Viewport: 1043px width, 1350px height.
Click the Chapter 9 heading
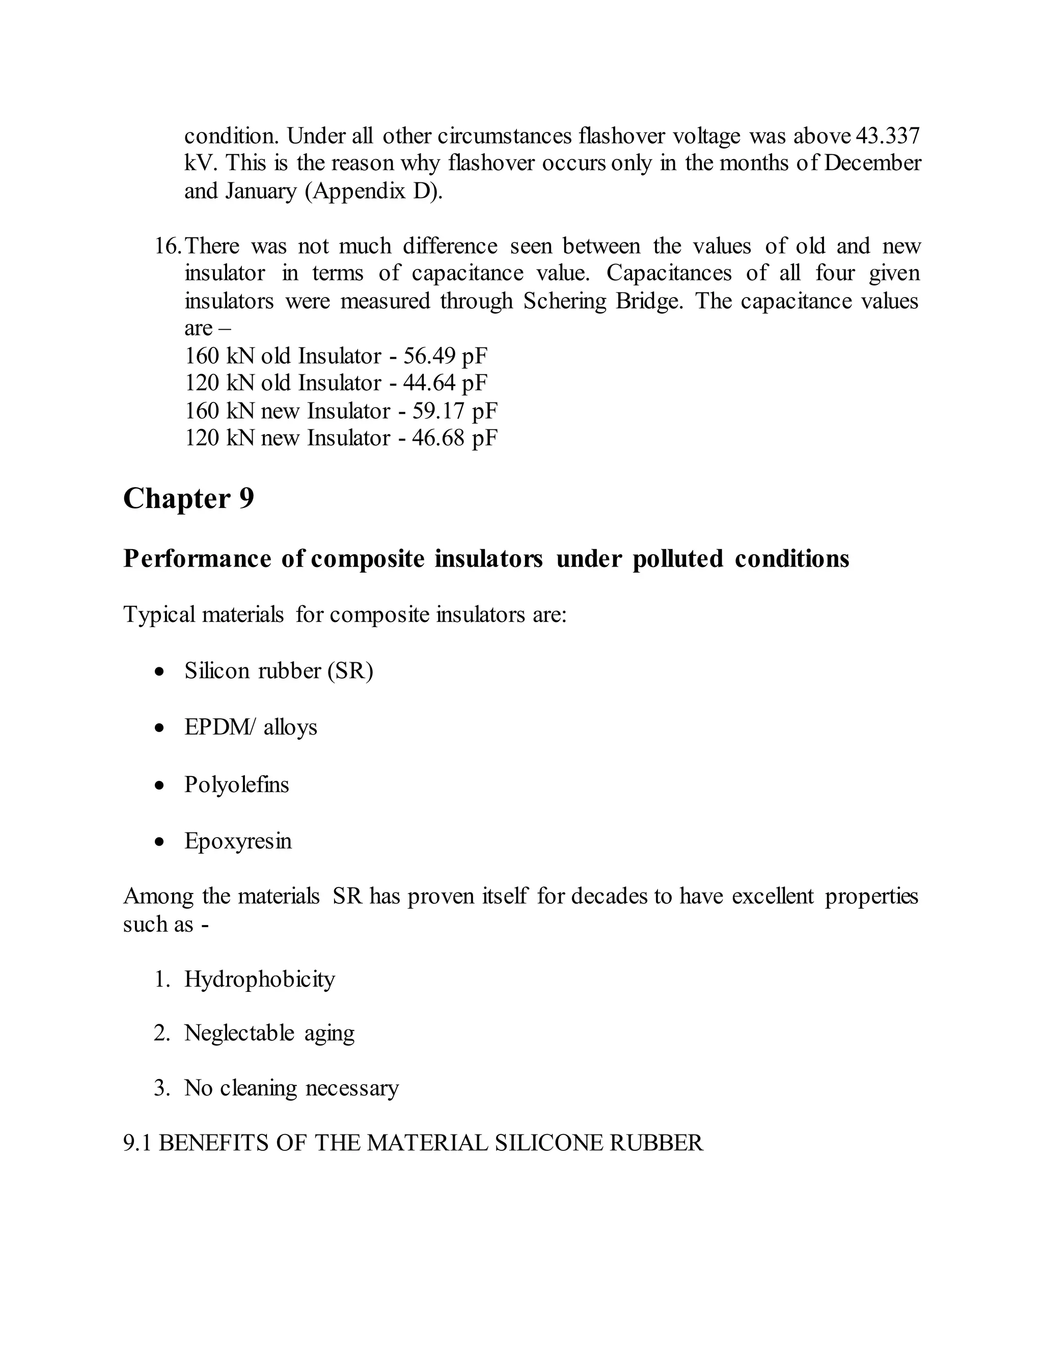[x=188, y=499]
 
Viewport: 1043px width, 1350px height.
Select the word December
[x=872, y=163]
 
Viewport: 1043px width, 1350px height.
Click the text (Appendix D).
[x=374, y=191]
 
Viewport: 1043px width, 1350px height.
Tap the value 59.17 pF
[x=455, y=411]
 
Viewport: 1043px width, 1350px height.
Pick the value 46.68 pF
[x=455, y=438]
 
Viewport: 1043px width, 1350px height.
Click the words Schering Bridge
[x=602, y=302]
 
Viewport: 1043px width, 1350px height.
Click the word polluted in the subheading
[x=677, y=559]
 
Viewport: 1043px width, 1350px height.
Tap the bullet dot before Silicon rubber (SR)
[x=160, y=671]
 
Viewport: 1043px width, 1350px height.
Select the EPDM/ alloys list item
[x=250, y=727]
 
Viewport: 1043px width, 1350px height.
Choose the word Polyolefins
[x=237, y=785]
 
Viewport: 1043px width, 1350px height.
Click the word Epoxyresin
[x=238, y=841]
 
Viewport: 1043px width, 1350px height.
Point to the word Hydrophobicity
[x=260, y=979]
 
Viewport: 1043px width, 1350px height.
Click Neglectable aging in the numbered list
[x=269, y=1033]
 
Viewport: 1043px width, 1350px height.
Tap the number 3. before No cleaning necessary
[x=162, y=1088]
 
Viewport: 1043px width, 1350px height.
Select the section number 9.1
[x=137, y=1143]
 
